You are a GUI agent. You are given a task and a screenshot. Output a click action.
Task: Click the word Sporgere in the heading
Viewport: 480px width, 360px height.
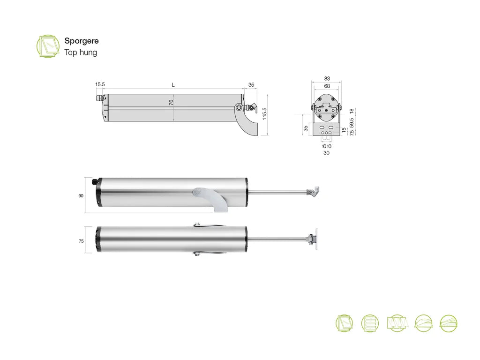[x=82, y=41]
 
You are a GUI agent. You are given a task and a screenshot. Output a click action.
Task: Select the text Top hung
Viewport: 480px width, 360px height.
[x=81, y=52]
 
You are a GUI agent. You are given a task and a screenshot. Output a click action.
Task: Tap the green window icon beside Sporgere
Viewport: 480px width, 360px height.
[x=48, y=46]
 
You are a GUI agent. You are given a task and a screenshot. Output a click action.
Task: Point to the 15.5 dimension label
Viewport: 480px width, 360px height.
[x=100, y=84]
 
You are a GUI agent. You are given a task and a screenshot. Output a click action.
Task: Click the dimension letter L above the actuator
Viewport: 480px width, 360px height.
[x=173, y=85]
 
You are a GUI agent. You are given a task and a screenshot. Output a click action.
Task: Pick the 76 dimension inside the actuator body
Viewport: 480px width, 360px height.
[x=171, y=102]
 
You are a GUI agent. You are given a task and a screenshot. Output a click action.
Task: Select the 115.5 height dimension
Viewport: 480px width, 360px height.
[x=264, y=113]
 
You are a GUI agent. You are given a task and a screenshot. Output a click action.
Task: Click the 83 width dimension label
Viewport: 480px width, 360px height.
[x=327, y=79]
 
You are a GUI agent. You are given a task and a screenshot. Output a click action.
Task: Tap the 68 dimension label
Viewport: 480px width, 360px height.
[x=327, y=86]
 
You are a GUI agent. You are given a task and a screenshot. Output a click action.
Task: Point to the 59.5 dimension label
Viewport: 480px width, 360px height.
[x=352, y=123]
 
